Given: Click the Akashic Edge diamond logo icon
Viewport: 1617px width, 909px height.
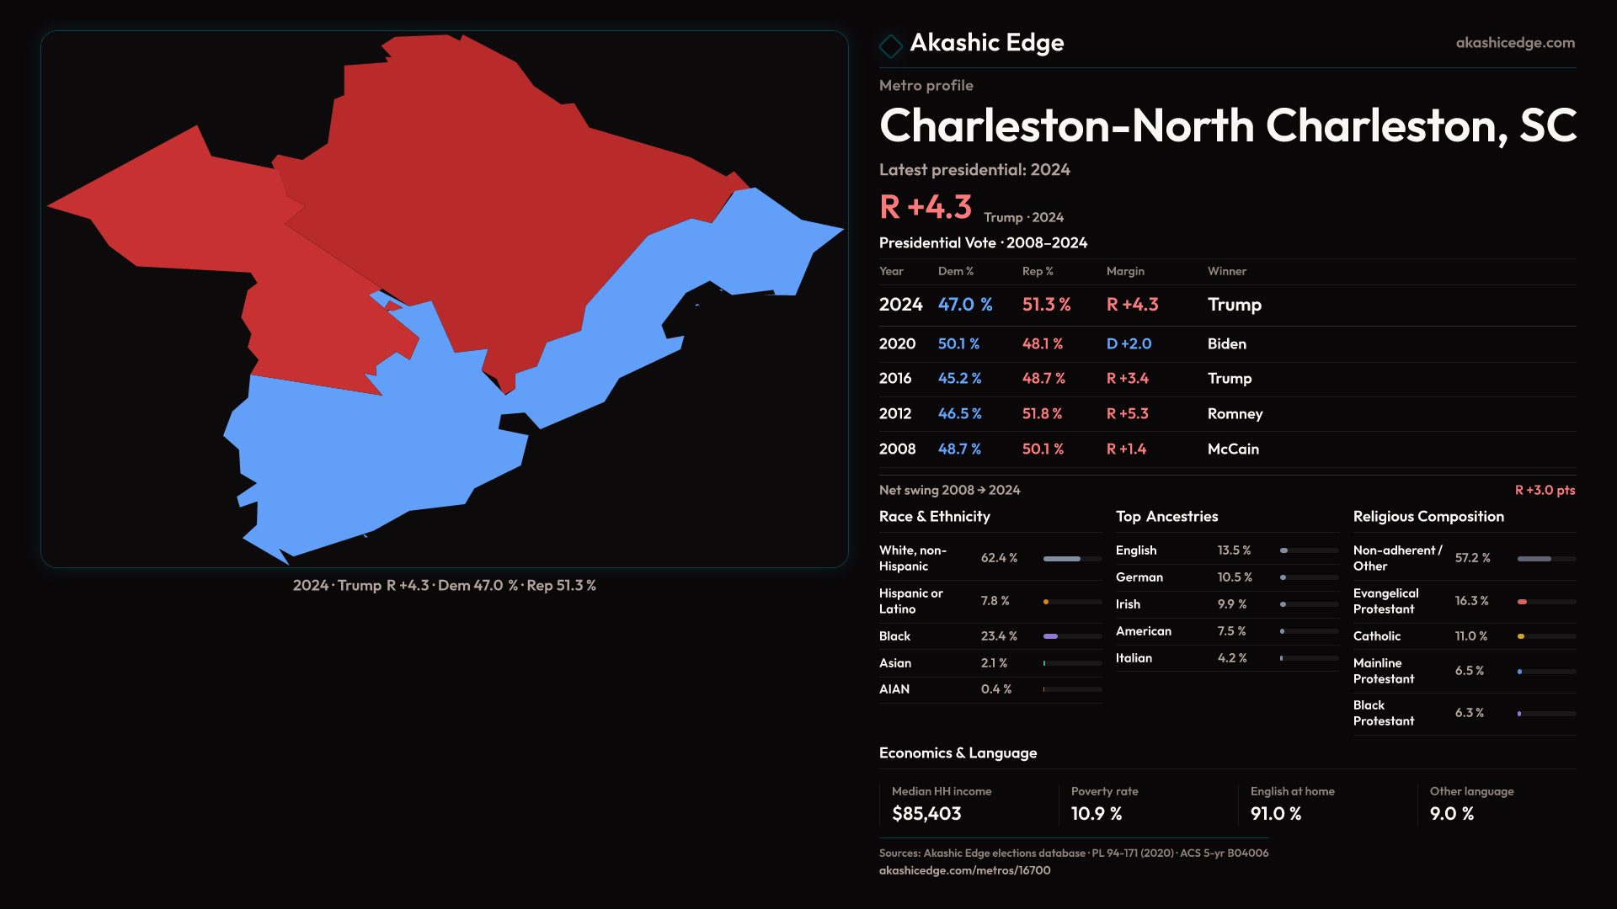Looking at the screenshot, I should [890, 45].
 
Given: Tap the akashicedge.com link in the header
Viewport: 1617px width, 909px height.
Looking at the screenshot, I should [1514, 43].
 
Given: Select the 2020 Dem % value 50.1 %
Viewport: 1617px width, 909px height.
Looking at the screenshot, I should [958, 344].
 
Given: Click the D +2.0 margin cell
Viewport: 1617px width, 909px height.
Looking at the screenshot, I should [1129, 344].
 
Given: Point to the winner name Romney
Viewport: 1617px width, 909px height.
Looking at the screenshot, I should [1235, 414].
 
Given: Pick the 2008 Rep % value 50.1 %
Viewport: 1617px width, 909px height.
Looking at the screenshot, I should [1043, 449].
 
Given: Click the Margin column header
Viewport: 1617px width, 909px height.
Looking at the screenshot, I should [1125, 271].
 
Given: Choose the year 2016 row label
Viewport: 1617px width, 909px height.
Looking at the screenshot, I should [895, 379].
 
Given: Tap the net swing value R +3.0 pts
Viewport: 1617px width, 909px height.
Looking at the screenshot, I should [1545, 490].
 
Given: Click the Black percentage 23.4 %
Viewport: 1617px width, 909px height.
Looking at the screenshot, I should [999, 636].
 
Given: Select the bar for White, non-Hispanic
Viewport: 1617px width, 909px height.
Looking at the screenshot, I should [1071, 559].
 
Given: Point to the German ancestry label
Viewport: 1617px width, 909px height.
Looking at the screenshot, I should [1139, 577].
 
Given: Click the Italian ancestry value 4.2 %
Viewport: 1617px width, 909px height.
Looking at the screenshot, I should [1232, 658].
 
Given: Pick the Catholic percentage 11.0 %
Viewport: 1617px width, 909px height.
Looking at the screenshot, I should [1471, 636].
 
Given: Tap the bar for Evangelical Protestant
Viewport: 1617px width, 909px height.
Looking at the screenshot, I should [1545, 602].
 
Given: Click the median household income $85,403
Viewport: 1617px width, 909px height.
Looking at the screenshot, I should [926, 814].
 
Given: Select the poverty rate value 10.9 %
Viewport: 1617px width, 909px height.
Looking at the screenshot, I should [1097, 814].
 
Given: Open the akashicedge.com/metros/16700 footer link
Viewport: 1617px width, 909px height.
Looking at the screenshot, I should [964, 870].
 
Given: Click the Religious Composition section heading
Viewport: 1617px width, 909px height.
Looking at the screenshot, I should [1428, 517].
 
